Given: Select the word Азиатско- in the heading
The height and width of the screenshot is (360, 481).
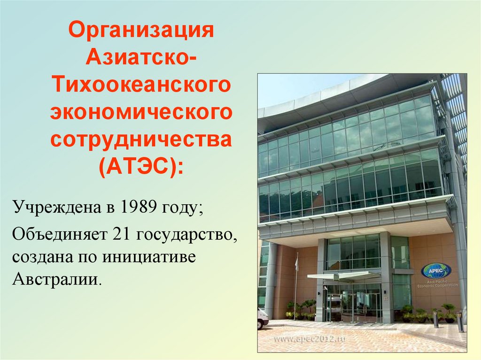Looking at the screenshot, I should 141,59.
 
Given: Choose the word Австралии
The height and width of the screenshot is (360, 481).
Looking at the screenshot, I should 57,281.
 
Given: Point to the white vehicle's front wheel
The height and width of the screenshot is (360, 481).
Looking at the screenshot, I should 261,324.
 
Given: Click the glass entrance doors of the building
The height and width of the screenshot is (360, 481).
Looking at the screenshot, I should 357,305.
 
